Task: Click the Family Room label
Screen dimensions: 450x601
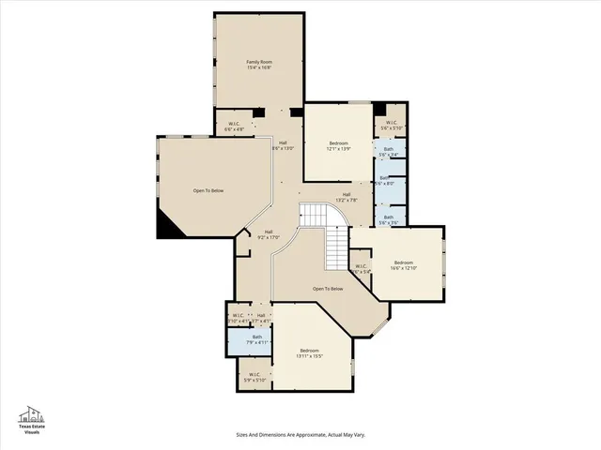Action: (258, 62)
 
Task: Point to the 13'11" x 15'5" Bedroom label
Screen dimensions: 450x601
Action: (310, 352)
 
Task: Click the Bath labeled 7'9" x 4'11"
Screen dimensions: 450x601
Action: (256, 340)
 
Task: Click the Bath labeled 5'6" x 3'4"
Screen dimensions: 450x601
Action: (388, 151)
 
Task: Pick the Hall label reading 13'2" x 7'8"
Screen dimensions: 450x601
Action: (347, 197)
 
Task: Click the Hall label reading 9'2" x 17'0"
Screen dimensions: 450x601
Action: (268, 234)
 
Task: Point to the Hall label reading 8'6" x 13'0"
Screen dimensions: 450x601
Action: (283, 145)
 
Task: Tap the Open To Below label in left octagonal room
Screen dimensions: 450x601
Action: (208, 191)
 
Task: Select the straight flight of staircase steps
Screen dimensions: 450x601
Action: (336, 248)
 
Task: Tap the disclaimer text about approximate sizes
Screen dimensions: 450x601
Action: (300, 434)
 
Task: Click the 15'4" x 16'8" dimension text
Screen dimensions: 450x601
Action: (258, 67)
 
